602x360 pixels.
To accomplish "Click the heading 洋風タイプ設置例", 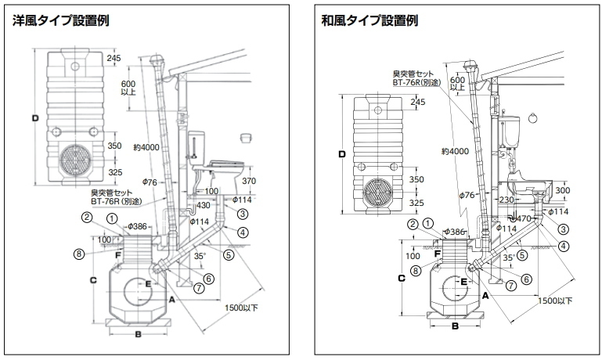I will coord(60,21).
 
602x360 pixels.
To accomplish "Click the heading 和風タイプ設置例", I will coord(369,21).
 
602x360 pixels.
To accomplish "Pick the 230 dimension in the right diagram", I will coord(502,200).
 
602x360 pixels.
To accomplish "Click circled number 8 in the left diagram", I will coord(78,253).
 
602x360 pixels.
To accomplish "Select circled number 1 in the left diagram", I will coord(112,218).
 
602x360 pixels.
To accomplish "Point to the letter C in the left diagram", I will coord(92,279).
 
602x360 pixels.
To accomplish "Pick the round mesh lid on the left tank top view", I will coord(78,161).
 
